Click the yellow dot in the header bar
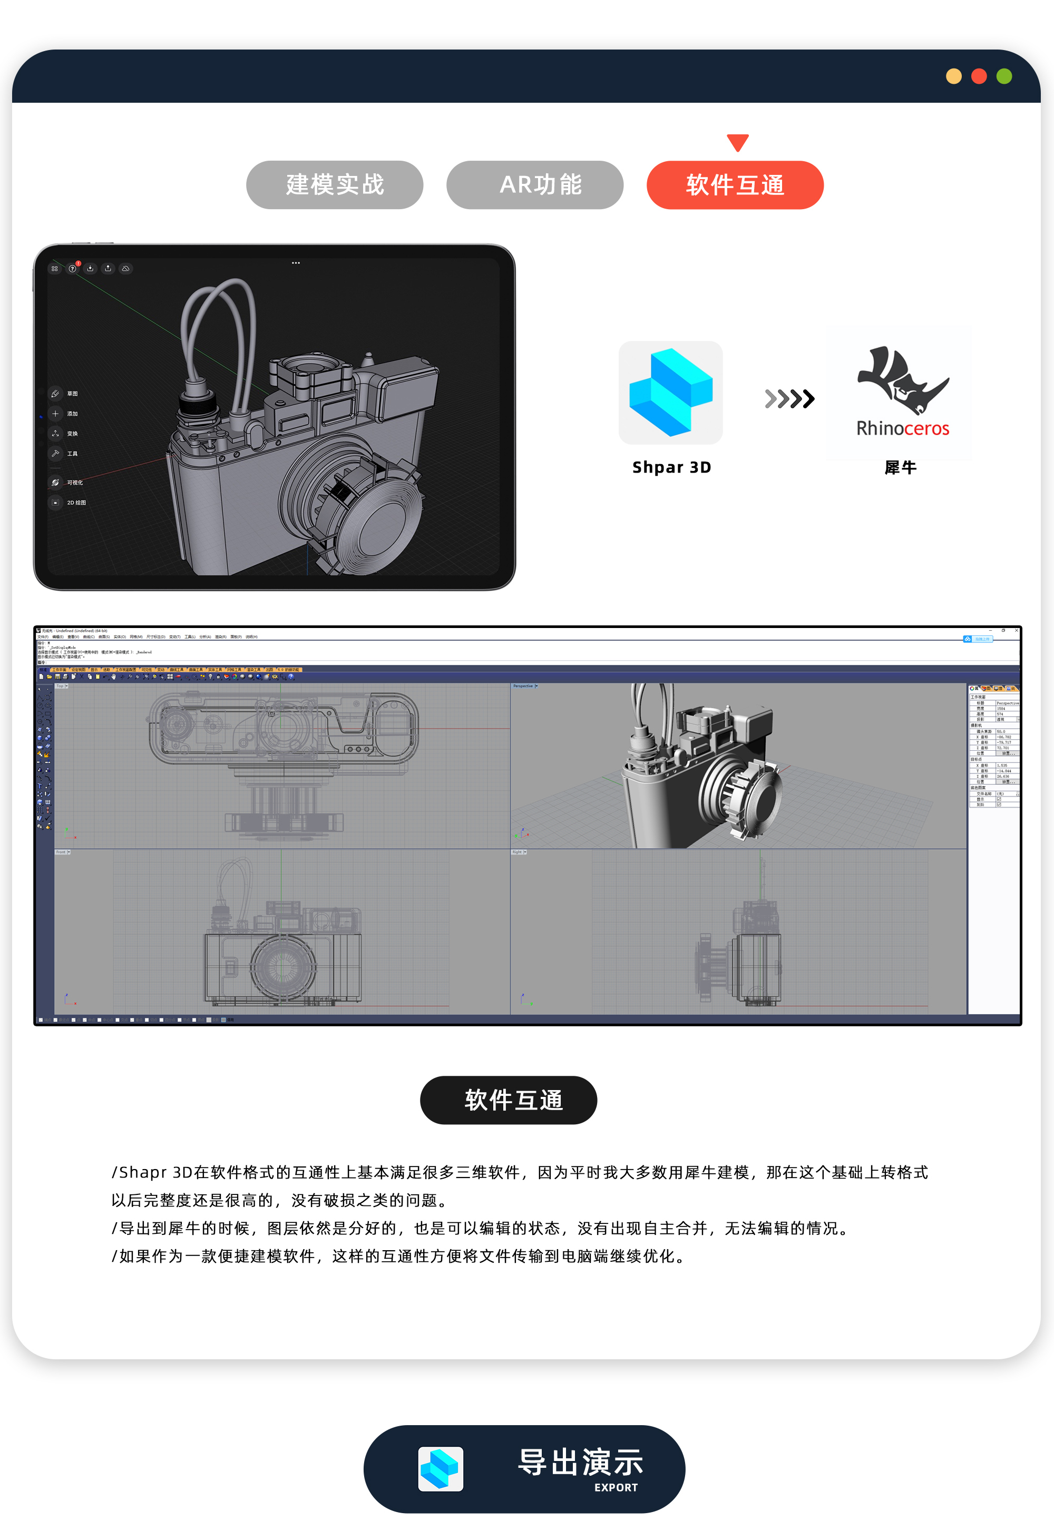click(953, 76)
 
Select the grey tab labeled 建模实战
click(334, 185)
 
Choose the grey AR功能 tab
click(534, 185)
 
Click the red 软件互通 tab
click(735, 185)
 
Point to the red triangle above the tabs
click(737, 142)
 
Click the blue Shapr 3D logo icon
click(670, 393)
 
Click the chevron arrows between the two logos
click(789, 398)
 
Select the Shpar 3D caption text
click(671, 467)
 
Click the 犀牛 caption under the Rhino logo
click(900, 468)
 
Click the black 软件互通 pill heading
click(509, 1100)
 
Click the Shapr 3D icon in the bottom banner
click(440, 1468)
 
